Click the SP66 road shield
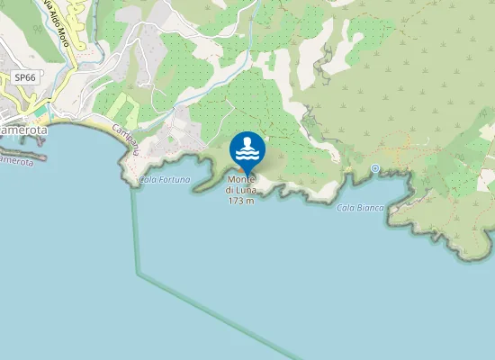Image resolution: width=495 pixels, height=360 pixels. pos(24,78)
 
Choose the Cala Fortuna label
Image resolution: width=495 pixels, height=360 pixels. pos(165,180)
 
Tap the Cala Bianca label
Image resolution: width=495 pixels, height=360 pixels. pos(360,208)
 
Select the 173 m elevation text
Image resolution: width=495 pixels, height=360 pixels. pos(240,200)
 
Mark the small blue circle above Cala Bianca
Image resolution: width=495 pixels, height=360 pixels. pos(375,168)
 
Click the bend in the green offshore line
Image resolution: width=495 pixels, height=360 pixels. pos(138,273)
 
